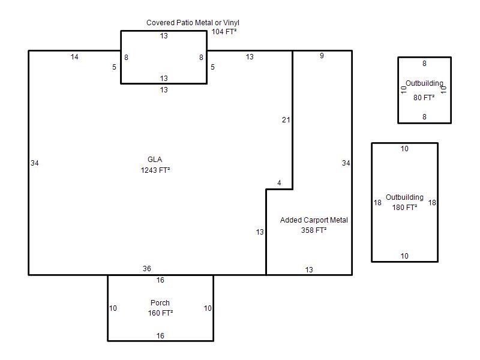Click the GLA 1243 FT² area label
(x=155, y=164)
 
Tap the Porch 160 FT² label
(x=160, y=308)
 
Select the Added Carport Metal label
(x=314, y=220)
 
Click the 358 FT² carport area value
(x=314, y=230)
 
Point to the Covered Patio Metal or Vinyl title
(x=193, y=23)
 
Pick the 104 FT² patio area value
(x=224, y=32)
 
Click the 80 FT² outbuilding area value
(x=424, y=98)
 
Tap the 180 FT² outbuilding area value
(x=404, y=207)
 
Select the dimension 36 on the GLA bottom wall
(x=147, y=268)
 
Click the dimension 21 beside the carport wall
(x=286, y=119)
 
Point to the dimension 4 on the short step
(x=279, y=183)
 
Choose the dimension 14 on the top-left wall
(x=74, y=56)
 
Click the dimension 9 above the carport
(x=322, y=55)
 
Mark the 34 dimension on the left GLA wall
(x=35, y=163)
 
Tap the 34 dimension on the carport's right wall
(x=346, y=163)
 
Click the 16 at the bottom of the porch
(x=160, y=336)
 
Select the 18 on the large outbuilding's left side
(x=377, y=203)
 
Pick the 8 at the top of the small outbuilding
(x=424, y=64)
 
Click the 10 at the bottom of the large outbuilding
(x=404, y=256)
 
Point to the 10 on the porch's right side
(x=208, y=308)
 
